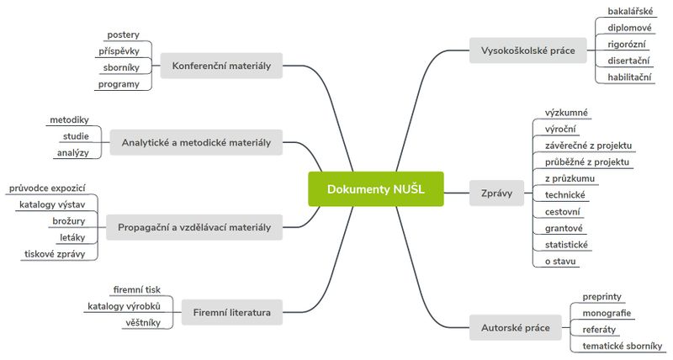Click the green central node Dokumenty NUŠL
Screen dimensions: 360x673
click(x=375, y=189)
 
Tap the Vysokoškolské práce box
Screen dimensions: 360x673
click(x=527, y=50)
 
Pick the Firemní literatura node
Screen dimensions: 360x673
click(x=232, y=312)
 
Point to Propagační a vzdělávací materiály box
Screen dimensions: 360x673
click(x=194, y=227)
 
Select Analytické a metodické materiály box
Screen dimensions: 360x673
click(x=196, y=142)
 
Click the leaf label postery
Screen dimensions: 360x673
click(x=123, y=35)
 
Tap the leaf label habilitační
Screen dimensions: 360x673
click(x=630, y=77)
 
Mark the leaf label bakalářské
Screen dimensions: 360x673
click(x=630, y=12)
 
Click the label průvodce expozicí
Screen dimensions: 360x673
click(x=47, y=188)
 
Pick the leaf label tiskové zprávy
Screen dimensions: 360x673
click(x=55, y=253)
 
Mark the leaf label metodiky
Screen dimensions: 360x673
click(x=69, y=119)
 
